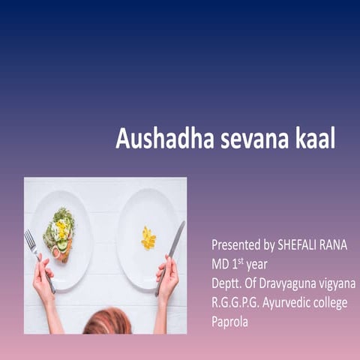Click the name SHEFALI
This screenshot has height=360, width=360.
(x=300, y=244)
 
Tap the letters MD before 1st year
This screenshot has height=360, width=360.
(x=220, y=264)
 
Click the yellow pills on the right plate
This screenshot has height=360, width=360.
(x=148, y=238)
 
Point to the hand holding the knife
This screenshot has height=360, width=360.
(x=167, y=274)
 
